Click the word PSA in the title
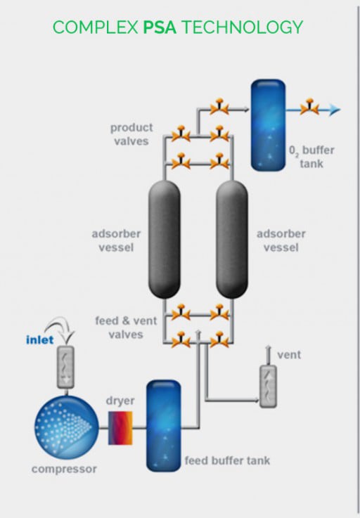(160, 27)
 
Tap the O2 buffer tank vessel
(268, 125)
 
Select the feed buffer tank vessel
(163, 425)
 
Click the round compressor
(67, 427)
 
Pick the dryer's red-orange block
(120, 428)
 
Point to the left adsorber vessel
(165, 240)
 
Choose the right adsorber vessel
(232, 240)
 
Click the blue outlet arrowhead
(335, 110)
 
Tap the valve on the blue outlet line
(309, 107)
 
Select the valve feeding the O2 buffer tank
(219, 107)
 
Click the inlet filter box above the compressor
(66, 368)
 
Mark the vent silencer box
(268, 387)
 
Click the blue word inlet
(39, 339)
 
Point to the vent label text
(289, 355)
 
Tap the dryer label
(120, 401)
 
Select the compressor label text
(64, 469)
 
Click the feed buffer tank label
(227, 460)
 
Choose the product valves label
(131, 134)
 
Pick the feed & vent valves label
(126, 328)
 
